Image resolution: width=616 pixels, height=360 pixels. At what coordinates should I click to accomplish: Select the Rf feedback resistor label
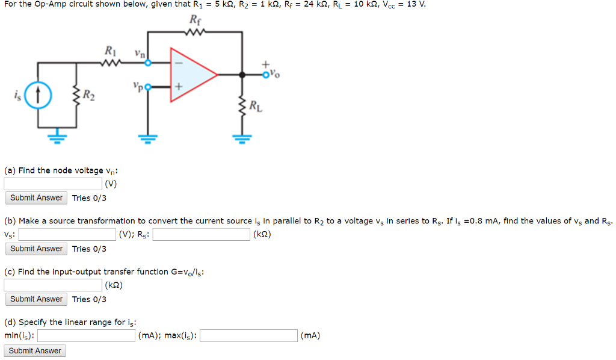click(195, 19)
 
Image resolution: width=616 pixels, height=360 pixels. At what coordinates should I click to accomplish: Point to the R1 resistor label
click(111, 50)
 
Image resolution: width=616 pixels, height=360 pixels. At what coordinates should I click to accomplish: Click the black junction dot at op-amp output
click(242, 75)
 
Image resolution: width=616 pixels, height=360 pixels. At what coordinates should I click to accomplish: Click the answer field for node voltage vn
click(53, 184)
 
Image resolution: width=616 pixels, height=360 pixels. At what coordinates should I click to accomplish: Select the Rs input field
click(202, 234)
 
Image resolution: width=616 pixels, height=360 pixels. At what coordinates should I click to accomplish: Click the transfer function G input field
click(53, 285)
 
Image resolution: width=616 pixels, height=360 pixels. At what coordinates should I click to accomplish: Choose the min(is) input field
click(86, 335)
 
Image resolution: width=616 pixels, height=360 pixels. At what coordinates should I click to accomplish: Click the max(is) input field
click(248, 335)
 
